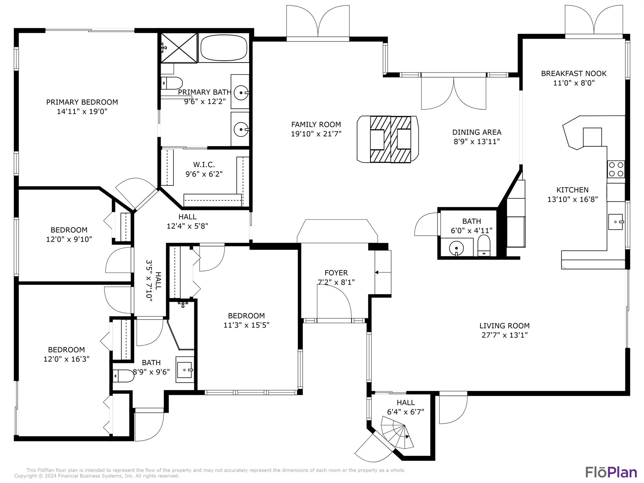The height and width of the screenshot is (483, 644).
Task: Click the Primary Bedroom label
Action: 82,102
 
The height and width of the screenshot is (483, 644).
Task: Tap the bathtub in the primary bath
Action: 224,47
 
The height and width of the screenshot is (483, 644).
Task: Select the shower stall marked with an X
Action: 179,48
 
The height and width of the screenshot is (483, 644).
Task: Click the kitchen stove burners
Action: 616,169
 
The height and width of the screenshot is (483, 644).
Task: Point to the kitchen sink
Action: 615,222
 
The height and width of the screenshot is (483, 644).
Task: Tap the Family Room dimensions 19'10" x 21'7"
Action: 316,134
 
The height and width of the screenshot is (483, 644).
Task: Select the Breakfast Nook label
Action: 574,74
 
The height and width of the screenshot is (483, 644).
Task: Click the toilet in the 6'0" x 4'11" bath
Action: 484,245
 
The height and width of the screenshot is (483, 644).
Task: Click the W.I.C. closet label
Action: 204,164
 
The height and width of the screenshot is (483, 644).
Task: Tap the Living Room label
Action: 504,326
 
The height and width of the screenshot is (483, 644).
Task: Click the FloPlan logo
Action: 611,472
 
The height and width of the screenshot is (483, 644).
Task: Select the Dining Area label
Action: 477,132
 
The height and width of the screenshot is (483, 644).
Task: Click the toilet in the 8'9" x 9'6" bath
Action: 123,376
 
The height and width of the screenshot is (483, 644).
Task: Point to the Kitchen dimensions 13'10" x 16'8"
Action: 572,199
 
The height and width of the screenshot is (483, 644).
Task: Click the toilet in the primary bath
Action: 172,83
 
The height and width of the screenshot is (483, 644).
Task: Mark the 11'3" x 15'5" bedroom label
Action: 247,316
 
